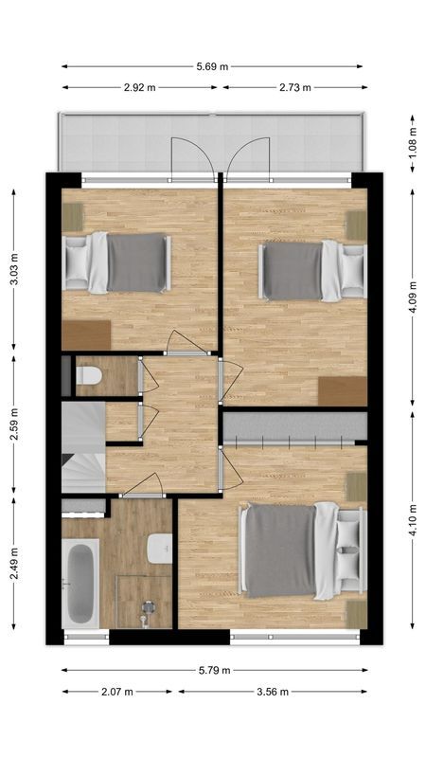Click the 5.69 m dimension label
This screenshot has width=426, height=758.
point(212,66)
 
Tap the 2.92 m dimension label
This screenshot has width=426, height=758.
point(139,87)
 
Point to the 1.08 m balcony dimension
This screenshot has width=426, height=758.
point(413,143)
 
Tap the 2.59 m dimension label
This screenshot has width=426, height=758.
point(13,426)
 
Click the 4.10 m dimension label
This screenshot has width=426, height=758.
point(413,519)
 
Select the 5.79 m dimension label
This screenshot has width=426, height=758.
point(214,671)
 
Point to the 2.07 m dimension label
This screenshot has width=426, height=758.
point(116,692)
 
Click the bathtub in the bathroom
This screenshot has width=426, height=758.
point(80,582)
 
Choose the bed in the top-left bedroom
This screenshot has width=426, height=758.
point(117,262)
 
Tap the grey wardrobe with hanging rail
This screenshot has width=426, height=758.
point(293,427)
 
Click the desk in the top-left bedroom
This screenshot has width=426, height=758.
point(86,334)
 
